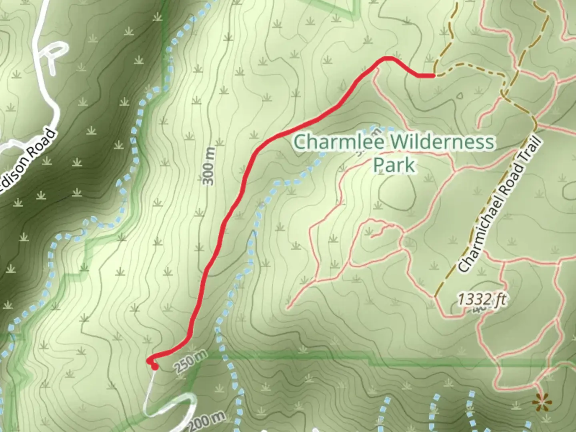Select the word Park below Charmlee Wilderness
[394, 165]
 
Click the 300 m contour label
[208, 166]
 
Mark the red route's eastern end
[433, 75]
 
